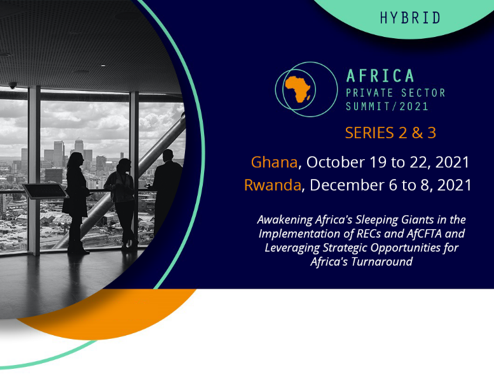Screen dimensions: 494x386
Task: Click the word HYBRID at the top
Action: (x=410, y=18)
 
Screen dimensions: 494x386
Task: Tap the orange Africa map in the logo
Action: (x=298, y=89)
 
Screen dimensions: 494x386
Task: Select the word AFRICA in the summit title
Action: (x=380, y=76)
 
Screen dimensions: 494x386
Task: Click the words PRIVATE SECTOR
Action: (x=395, y=93)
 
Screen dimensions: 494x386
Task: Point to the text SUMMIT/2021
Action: (x=387, y=106)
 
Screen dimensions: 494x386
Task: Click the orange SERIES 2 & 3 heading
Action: (x=390, y=133)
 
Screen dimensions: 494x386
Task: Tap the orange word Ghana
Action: (x=274, y=162)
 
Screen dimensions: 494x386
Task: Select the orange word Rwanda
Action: (x=273, y=185)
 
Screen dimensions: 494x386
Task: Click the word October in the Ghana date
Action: (x=336, y=162)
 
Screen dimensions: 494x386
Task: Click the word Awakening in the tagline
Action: (x=285, y=220)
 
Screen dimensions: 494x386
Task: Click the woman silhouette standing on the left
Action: (x=76, y=202)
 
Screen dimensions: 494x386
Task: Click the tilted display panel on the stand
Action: (x=45, y=191)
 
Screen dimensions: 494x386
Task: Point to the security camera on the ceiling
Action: (x=13, y=85)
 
